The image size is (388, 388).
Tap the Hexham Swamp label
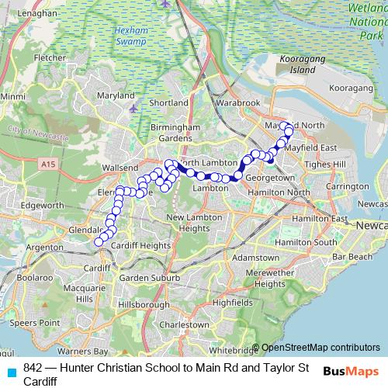click(147, 41)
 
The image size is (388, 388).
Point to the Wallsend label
click(120, 167)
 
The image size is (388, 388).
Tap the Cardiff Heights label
click(140, 245)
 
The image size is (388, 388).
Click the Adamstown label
click(255, 257)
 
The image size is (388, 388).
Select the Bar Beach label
click(352, 256)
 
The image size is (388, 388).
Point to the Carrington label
click(347, 187)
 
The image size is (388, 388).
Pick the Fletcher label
click(50, 57)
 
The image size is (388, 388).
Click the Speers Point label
click(39, 321)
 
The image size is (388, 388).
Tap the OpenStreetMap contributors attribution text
click(320, 348)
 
